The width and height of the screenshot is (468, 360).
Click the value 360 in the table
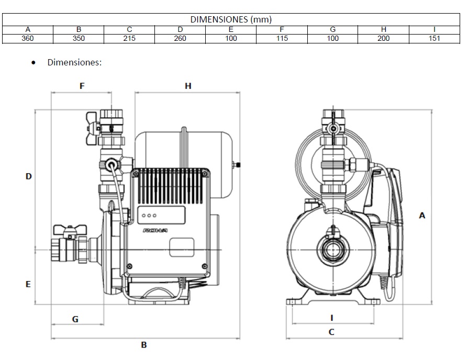[x=28, y=38]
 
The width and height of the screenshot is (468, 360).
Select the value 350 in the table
[x=79, y=38]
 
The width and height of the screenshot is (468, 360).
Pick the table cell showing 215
[x=129, y=38]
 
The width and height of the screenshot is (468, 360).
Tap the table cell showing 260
[x=180, y=38]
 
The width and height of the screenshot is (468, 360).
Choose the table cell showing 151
[x=434, y=38]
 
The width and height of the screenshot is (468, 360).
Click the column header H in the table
[x=384, y=29]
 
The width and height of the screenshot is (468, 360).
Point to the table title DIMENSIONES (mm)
[x=231, y=20]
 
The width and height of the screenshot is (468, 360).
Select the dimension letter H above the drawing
[x=188, y=86]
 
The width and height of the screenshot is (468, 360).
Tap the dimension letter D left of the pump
[x=29, y=177]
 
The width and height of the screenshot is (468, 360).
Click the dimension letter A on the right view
[x=422, y=215]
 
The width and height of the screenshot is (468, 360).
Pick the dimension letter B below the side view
[x=144, y=345]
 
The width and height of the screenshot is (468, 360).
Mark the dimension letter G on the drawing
[x=75, y=319]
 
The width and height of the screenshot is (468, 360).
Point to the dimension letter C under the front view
[x=331, y=332]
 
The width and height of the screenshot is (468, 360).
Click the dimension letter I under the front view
[x=331, y=318]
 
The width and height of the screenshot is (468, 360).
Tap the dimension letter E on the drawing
[x=28, y=284]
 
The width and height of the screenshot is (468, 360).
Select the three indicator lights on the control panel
[x=149, y=215]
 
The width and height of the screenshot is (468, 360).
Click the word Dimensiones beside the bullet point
[x=74, y=62]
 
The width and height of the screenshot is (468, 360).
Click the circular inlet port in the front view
[x=331, y=250]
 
